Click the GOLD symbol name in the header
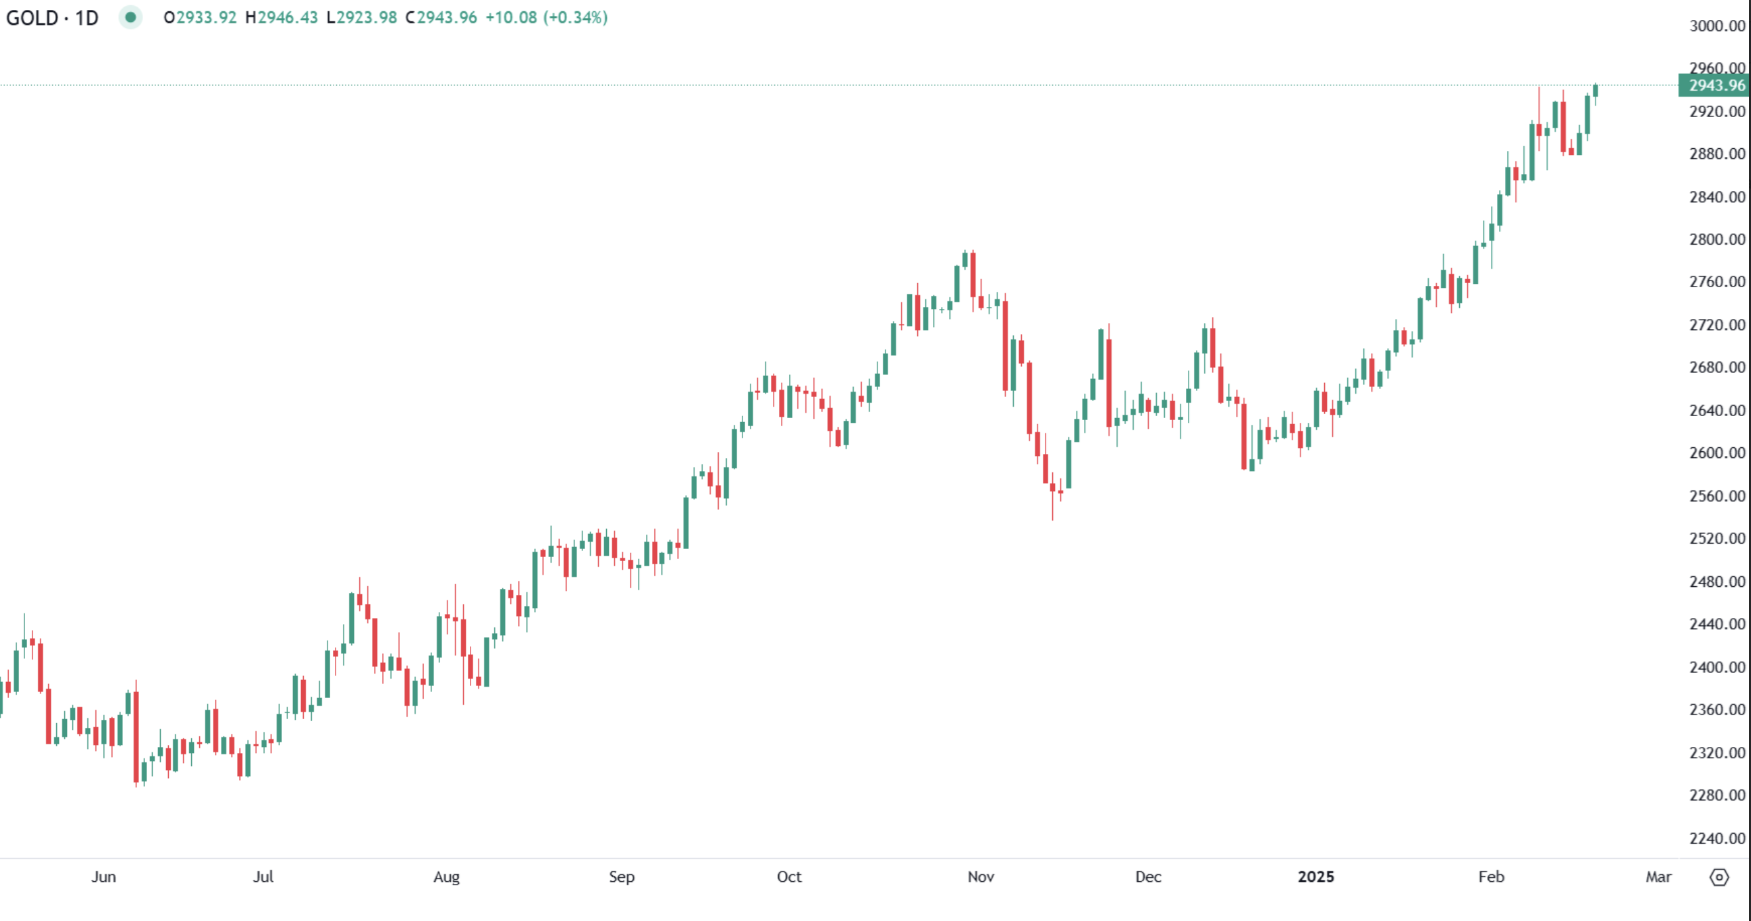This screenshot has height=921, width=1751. [32, 18]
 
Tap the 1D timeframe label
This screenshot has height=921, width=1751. [86, 18]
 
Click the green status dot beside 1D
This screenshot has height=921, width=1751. [130, 17]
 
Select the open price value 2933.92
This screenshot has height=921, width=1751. [206, 18]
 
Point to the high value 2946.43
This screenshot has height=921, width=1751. [287, 18]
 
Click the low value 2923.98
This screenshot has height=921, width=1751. [367, 18]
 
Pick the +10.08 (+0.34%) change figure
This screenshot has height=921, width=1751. [546, 18]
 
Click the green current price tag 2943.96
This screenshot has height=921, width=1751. [1716, 85]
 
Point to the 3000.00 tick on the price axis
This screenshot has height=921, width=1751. [1717, 26]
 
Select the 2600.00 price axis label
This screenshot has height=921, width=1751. [1717, 453]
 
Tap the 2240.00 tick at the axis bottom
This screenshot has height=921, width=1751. [1717, 838]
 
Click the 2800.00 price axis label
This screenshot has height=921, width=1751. [1717, 240]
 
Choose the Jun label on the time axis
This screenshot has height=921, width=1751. [103, 876]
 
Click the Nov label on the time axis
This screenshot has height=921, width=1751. [980, 876]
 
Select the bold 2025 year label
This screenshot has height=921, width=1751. [1316, 876]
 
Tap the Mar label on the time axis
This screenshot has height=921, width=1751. [1658, 876]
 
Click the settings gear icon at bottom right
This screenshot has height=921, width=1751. [1719, 877]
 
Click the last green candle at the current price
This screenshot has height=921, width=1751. [1595, 91]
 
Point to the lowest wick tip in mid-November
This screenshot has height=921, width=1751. [1053, 519]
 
